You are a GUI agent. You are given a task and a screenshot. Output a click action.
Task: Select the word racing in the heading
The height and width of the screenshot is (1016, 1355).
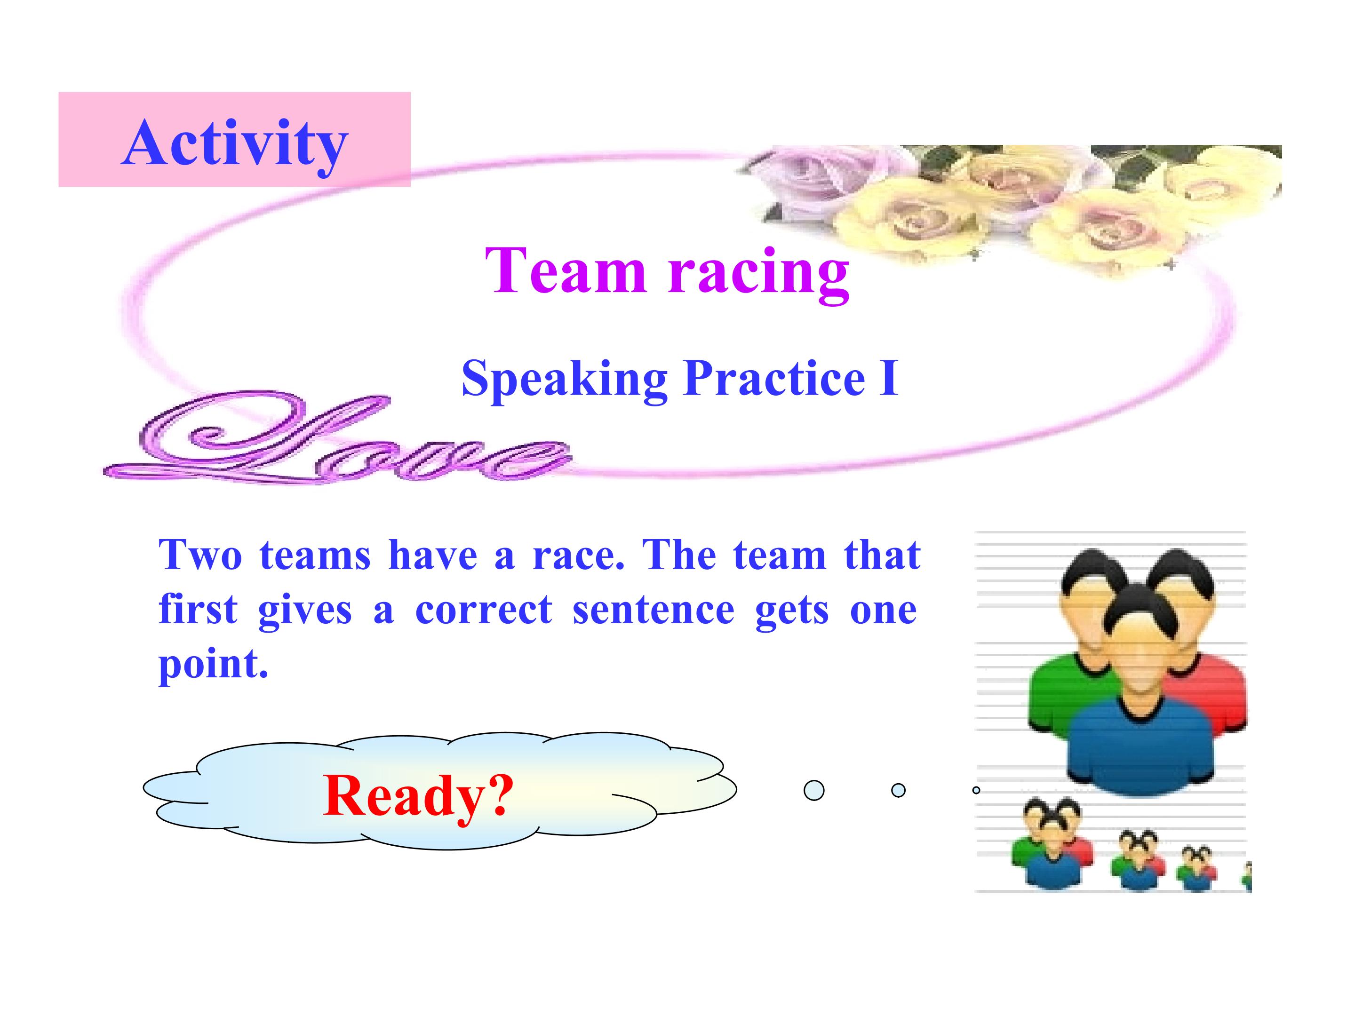point(758,275)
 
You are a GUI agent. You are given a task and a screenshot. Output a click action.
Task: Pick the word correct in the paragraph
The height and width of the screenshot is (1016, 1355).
point(484,610)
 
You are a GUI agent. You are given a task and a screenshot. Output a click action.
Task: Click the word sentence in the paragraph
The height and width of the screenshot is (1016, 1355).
point(654,610)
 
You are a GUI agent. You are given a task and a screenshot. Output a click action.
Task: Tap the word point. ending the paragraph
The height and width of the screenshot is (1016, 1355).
point(213,666)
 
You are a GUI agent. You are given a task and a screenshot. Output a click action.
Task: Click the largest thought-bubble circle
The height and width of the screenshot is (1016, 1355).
point(813,790)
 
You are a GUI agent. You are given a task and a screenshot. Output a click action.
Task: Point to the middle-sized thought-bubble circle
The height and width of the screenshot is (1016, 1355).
point(898,790)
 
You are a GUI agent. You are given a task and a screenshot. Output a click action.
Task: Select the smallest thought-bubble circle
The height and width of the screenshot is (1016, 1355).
point(976,790)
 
